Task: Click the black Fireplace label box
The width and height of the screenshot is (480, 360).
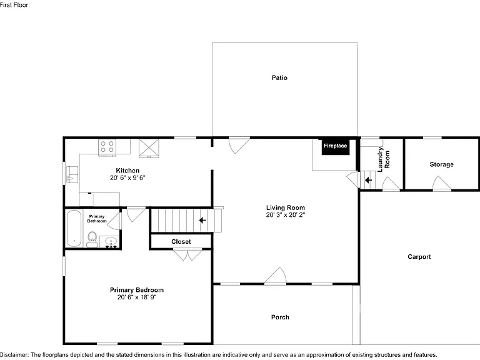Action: (336, 146)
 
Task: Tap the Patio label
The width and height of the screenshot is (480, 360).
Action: (279, 77)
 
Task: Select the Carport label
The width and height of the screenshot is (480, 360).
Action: (419, 257)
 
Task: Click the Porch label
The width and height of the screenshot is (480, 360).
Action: (280, 317)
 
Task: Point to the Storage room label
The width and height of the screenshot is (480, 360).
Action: (441, 164)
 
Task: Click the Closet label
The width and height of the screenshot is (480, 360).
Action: (181, 241)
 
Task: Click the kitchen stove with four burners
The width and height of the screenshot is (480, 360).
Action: (107, 147)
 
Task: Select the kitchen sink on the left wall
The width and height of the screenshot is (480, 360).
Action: (72, 174)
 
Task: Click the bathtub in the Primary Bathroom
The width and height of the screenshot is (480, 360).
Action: (74, 228)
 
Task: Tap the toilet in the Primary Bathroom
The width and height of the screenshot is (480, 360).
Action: (92, 239)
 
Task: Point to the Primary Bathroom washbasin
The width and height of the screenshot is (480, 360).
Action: (111, 242)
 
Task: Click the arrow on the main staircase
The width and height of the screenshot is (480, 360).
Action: (202, 220)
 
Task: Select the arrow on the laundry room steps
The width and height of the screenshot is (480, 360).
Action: (368, 180)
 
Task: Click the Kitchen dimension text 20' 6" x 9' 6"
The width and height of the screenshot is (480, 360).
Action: (127, 178)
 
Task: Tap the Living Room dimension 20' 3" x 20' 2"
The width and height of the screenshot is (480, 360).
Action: (285, 215)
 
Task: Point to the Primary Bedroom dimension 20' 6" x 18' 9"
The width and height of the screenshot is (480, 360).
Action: (137, 297)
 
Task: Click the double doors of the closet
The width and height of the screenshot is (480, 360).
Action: (187, 255)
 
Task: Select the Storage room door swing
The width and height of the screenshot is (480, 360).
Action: (441, 183)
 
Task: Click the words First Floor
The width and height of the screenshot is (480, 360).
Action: (14, 5)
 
